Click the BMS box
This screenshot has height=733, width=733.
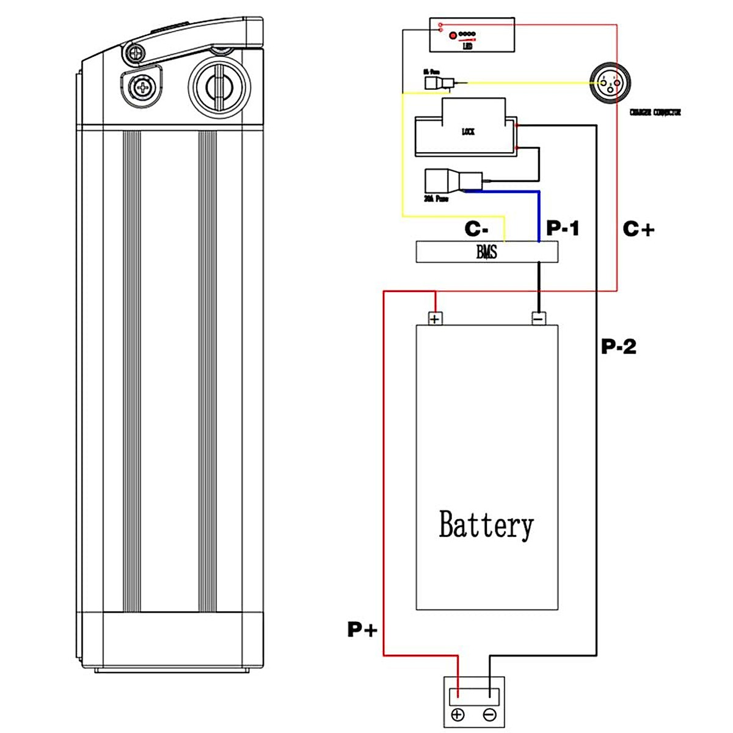tap(487, 252)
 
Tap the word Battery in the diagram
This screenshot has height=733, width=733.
tap(486, 525)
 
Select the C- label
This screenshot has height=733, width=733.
tap(476, 229)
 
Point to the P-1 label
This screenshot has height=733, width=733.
tap(563, 228)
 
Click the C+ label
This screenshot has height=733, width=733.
tap(638, 229)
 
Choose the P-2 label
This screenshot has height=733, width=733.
tap(619, 346)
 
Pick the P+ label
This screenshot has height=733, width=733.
tap(362, 629)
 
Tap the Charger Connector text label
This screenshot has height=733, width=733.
tap(655, 112)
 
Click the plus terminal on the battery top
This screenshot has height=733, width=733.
tap(434, 318)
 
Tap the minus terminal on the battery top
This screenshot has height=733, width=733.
tap(538, 318)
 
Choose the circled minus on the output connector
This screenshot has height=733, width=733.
tap(490, 715)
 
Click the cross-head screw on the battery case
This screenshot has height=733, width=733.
tap(142, 87)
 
